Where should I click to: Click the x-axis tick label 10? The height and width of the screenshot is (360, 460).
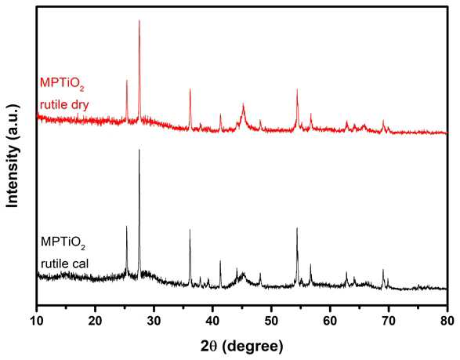[37, 321]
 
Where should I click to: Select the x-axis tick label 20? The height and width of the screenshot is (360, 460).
[96, 321]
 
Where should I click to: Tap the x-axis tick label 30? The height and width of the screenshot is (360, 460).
[154, 321]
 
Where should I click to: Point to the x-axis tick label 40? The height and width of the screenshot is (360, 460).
[212, 321]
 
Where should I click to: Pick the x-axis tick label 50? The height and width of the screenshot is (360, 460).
[271, 321]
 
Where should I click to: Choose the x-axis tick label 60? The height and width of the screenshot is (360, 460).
[330, 321]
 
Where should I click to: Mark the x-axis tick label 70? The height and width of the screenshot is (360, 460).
[389, 321]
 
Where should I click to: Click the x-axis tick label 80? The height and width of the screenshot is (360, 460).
[447, 321]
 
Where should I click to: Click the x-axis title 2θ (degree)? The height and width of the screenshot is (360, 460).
[242, 347]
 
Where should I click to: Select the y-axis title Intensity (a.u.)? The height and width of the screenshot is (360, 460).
[13, 155]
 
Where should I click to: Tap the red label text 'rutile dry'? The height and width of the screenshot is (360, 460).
[64, 104]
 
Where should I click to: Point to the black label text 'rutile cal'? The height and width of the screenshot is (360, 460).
[64, 264]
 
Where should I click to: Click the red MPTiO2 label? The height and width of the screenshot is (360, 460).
[62, 84]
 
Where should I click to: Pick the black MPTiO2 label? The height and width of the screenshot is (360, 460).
[63, 242]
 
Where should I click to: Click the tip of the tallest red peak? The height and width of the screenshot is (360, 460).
[139, 20]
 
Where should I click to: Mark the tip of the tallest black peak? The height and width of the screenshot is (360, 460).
[139, 150]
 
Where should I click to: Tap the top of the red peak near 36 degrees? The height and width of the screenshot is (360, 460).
[190, 89]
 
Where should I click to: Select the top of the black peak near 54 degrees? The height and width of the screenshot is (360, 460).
[297, 228]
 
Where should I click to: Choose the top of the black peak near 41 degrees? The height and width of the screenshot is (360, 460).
[220, 260]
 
